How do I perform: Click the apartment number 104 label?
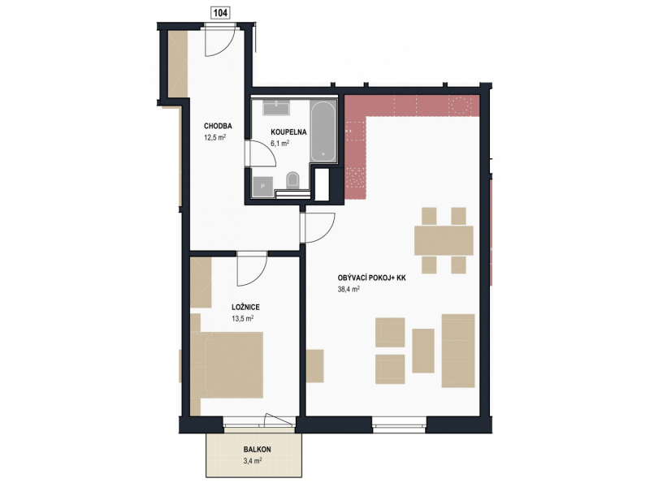(220, 13)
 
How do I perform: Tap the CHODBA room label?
(218, 127)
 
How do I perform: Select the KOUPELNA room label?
(288, 132)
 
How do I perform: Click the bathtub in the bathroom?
(323, 131)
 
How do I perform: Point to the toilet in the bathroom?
(293, 179)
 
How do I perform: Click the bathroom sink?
(276, 108)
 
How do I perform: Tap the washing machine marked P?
(262, 187)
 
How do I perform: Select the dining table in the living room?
(444, 240)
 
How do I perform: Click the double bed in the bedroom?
(228, 364)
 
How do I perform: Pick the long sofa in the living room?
(458, 351)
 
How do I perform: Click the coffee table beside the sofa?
(423, 351)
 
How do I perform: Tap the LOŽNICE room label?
(245, 308)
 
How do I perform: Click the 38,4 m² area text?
(349, 290)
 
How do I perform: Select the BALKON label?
(257, 450)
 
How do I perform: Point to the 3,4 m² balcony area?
(252, 460)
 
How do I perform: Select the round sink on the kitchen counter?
(459, 105)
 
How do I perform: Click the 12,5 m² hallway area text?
(214, 137)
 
